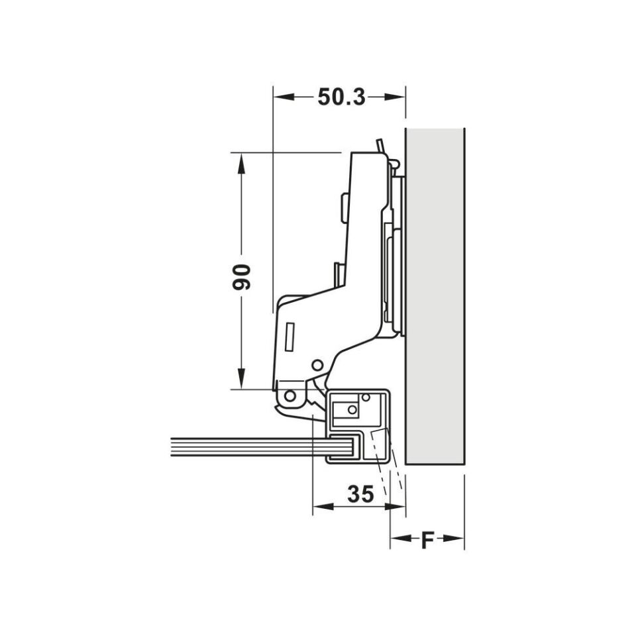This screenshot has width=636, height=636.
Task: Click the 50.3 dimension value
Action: coord(342,97)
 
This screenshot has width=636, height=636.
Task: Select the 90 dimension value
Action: coord(241,277)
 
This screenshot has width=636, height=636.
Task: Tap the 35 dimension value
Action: coord(360,494)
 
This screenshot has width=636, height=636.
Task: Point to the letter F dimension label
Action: coord(427,540)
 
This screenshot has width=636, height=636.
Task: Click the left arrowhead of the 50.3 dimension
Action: coord(284,97)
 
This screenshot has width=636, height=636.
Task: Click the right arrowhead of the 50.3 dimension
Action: coord(395,97)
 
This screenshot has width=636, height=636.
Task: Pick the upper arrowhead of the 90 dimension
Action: coord(241,164)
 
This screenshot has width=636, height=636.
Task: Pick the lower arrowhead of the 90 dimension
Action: coord(241,378)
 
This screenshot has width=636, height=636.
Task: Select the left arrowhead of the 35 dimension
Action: coord(323,507)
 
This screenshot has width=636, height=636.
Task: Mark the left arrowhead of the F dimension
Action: coord(401,539)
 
